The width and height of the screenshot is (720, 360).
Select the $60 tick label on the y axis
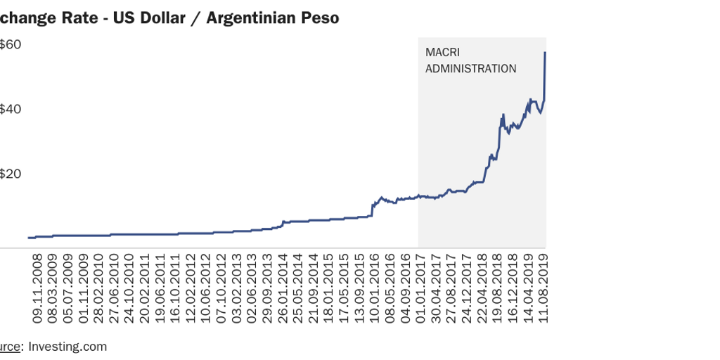tap(11, 44)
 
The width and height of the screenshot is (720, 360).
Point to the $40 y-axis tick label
tap(11, 109)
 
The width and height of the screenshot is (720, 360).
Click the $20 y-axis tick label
tap(11, 174)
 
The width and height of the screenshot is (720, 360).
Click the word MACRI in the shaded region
tap(442, 53)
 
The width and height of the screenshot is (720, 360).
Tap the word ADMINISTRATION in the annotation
tap(470, 69)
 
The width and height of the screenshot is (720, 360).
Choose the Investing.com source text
tap(67, 346)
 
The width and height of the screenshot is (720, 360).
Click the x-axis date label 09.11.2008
tap(38, 288)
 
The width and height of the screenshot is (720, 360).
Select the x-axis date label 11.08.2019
tap(544, 288)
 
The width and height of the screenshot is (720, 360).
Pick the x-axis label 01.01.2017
tap(421, 288)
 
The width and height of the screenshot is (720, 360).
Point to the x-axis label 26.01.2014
tap(283, 288)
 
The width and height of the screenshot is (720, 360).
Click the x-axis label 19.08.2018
tap(498, 288)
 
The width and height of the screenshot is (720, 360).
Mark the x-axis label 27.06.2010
tap(115, 288)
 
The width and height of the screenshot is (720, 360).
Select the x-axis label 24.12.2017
tap(467, 288)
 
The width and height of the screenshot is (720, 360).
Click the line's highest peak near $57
tap(546, 53)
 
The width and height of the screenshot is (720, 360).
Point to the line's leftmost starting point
tap(29, 238)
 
